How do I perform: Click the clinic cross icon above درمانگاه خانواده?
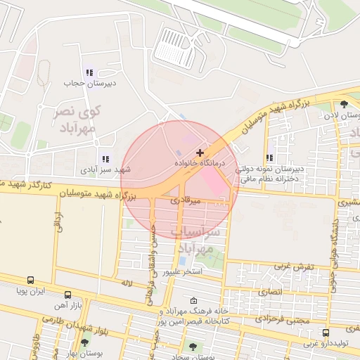200,152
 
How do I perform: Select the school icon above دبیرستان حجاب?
89,72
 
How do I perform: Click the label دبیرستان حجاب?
84,83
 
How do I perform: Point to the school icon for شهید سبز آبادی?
105,160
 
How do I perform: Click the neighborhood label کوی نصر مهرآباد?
77,120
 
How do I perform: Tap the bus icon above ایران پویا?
31,280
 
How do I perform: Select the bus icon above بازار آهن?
67,295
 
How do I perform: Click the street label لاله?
127,283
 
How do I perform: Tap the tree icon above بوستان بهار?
85,342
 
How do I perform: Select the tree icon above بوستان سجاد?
193,347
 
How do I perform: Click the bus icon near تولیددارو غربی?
326,333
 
